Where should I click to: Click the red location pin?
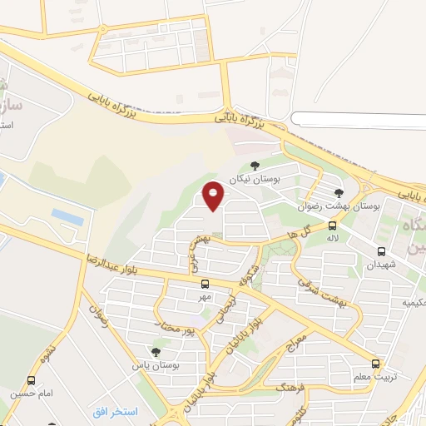click(x=214, y=196)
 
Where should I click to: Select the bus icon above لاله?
click(x=333, y=225)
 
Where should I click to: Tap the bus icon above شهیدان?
click(x=381, y=251)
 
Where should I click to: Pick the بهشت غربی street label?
click(x=196, y=249)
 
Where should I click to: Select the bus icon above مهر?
click(x=205, y=283)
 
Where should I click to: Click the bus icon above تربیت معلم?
click(x=375, y=364)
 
